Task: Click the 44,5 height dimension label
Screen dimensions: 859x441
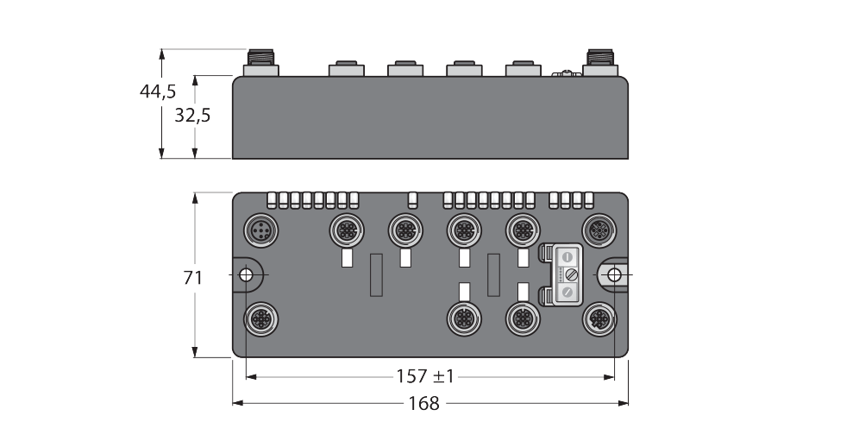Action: click(158, 91)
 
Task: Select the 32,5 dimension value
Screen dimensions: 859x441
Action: click(192, 116)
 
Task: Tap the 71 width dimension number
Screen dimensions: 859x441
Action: click(193, 278)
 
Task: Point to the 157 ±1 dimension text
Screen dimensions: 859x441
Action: click(425, 376)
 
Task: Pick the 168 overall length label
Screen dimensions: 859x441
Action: click(424, 404)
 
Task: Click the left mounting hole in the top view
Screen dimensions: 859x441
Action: click(246, 274)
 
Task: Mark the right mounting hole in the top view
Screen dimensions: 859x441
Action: click(614, 274)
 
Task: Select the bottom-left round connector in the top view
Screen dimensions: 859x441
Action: click(260, 318)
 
